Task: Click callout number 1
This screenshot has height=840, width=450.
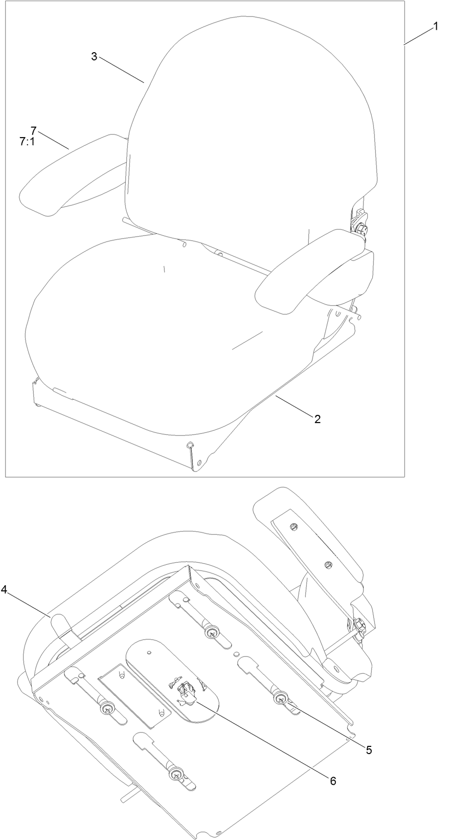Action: coord(436,26)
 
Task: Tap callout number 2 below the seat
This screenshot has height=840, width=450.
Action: coord(317,419)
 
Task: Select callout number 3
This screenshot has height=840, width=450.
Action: coord(94,57)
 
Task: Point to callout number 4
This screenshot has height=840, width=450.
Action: coord(4,590)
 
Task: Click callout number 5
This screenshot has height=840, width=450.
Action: coord(369,750)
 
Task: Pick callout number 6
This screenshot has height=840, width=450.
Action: coord(333,781)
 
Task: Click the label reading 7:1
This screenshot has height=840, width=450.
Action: coord(27,142)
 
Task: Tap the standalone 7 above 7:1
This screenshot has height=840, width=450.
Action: coord(33,130)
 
